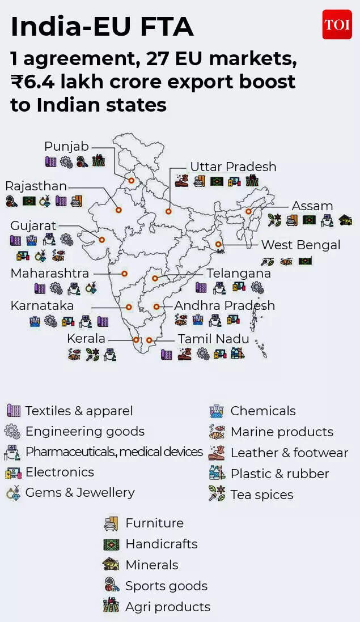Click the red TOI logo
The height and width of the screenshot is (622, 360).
point(337,24)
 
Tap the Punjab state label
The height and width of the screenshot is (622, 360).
point(66,147)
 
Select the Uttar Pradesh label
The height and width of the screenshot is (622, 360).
point(233,167)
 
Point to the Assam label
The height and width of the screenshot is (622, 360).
point(312,206)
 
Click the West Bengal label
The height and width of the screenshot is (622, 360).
point(300,245)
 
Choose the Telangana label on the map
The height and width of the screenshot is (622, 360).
point(239,273)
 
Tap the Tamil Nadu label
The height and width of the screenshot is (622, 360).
point(213,339)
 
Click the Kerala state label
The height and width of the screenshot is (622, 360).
point(86,338)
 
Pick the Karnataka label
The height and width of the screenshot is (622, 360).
point(42,305)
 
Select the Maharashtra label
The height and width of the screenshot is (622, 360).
point(49,273)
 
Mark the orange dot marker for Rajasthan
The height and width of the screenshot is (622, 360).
point(118,210)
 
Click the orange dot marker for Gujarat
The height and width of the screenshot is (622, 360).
point(101,240)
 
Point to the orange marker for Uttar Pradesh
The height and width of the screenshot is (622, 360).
point(168,211)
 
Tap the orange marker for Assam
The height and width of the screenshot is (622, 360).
point(248,211)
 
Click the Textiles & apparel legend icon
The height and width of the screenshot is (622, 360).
point(13,411)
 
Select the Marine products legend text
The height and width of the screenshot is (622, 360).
point(282,432)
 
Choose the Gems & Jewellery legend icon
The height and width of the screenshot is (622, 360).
point(13,493)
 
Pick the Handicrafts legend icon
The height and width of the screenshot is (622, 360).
point(111,544)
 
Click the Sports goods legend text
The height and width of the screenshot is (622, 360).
point(166,586)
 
